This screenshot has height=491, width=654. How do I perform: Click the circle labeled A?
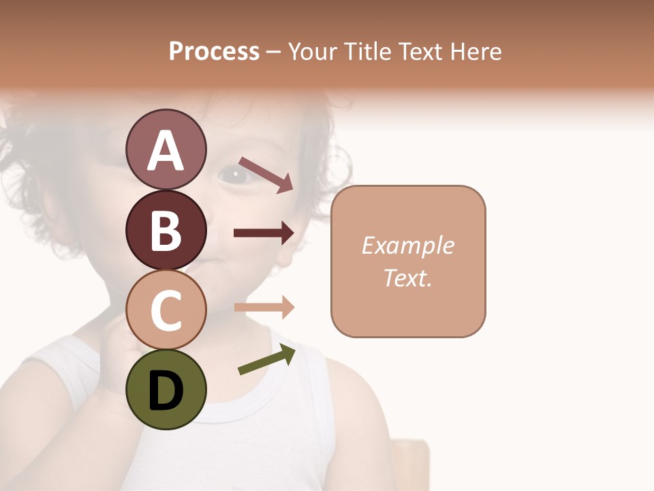pyautogui.click(x=166, y=149)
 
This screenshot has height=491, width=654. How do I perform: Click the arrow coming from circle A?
pyautogui.click(x=265, y=175)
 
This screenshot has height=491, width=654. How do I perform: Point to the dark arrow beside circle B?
pyautogui.click(x=264, y=233)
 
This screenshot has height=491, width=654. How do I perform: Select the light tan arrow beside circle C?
pyautogui.click(x=264, y=308)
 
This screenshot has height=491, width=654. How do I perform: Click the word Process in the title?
pyautogui.click(x=214, y=52)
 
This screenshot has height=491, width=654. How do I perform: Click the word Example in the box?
pyautogui.click(x=407, y=245)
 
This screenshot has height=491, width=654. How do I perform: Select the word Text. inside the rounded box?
pyautogui.click(x=407, y=278)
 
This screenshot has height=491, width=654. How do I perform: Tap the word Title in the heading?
pyautogui.click(x=369, y=52)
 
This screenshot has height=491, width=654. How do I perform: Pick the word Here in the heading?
pyautogui.click(x=478, y=52)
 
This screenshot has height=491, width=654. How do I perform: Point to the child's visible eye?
pyautogui.click(x=235, y=175)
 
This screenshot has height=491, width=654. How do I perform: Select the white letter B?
pyautogui.click(x=166, y=230)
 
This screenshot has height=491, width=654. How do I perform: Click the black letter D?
pyautogui.click(x=166, y=389)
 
